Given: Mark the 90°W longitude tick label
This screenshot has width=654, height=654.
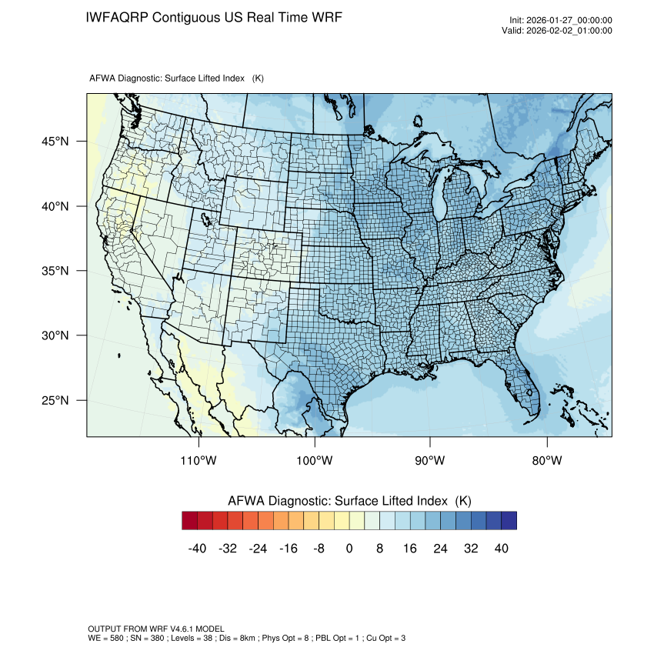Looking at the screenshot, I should pos(431,461).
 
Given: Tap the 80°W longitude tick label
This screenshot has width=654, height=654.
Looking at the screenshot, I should pos(546,461).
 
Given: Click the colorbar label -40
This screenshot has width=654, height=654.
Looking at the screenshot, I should pos(198,548).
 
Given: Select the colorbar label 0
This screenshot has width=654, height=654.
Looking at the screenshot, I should pos(349,548).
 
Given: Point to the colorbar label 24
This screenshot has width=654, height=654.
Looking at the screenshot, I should pos(440,548).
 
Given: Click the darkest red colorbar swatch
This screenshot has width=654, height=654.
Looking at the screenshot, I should pos(190,521).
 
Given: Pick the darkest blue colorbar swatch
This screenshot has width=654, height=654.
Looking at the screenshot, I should pos(509,521).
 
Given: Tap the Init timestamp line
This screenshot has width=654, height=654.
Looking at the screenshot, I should pos(560,21).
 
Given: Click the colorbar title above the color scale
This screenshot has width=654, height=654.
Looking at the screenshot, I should pos(349,501).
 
